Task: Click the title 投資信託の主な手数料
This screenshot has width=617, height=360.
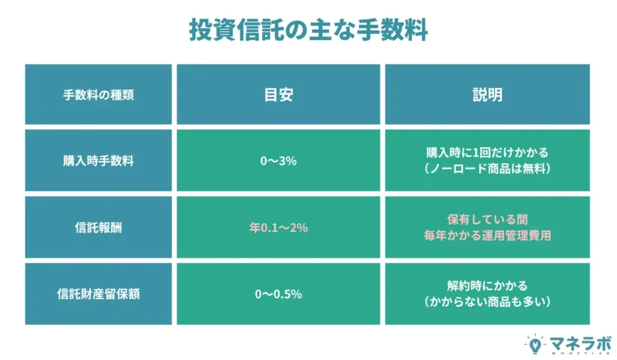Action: pos(308,29)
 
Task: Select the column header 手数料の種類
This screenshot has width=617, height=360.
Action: pos(98,95)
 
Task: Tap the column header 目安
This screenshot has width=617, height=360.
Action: pos(278,95)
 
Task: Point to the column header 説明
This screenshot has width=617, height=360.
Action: pos(487,95)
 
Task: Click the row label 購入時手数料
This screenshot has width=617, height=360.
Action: pos(98,161)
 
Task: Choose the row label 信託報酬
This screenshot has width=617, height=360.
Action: pos(98,228)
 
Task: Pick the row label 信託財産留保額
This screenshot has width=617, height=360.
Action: pos(98,295)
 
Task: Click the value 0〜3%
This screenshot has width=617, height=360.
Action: pos(278,161)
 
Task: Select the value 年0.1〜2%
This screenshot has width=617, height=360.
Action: pos(278,228)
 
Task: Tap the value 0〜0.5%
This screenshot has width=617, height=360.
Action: pos(278,295)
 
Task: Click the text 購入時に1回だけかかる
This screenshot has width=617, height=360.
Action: pos(487,153)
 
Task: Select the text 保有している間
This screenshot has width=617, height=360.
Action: pos(487,219)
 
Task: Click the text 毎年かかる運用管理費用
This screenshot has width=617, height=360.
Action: pos(487,236)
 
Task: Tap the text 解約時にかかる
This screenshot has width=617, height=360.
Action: pos(487,286)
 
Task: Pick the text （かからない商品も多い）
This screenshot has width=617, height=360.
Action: pos(487,302)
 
